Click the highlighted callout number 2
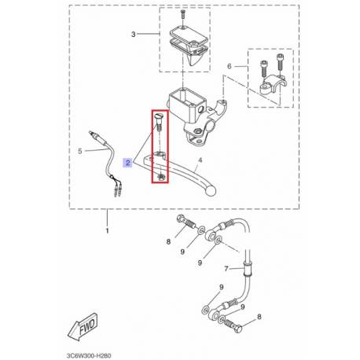(x=128, y=163)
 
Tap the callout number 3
(x=134, y=35)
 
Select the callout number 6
(x=230, y=66)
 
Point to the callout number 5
(x=80, y=151)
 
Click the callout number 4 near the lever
(x=200, y=160)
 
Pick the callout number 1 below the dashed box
(x=107, y=231)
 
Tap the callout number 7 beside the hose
(x=226, y=269)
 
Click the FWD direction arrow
(x=83, y=327)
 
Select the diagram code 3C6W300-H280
(x=89, y=355)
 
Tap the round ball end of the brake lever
(x=211, y=191)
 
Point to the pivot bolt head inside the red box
(x=159, y=116)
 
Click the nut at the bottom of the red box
(x=160, y=178)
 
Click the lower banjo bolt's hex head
(x=239, y=329)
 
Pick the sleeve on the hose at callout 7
(x=248, y=268)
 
